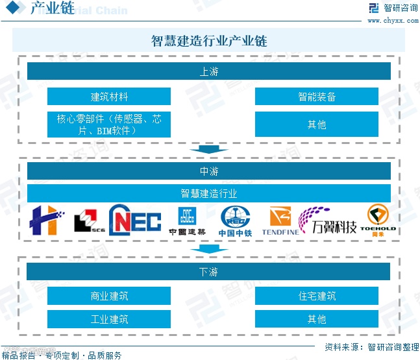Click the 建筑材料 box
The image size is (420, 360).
[109, 97]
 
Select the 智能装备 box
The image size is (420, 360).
[316, 97]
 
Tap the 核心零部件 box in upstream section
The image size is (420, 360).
[109, 124]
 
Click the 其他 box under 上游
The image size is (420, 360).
[316, 124]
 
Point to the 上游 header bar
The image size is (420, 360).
[209, 71]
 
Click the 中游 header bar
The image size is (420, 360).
[209, 171]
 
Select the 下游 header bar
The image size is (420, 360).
[209, 271]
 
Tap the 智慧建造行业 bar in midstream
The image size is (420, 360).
[209, 193]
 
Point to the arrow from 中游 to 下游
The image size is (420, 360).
[209, 249]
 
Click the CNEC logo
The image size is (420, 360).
[135, 221]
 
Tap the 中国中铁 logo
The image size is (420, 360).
[235, 221]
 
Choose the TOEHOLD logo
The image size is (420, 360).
[378, 220]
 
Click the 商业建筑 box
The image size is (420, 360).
[109, 296]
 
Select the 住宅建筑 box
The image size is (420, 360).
[316, 296]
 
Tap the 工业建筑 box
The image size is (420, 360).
[109, 318]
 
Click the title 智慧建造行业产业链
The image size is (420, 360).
[209, 41]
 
